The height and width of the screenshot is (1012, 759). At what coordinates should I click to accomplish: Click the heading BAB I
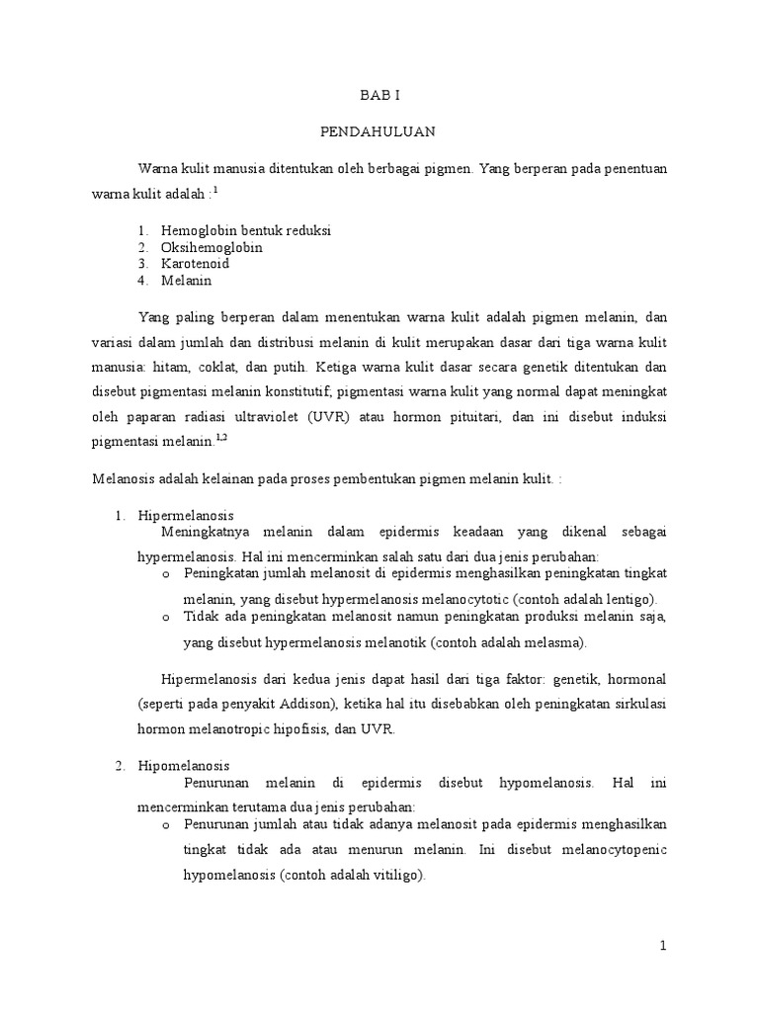coord(379,96)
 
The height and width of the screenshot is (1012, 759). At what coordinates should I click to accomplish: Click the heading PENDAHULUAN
coord(379,130)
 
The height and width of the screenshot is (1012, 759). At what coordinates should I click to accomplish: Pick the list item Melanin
coord(187,281)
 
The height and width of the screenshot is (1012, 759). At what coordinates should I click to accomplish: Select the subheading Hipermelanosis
coord(186,516)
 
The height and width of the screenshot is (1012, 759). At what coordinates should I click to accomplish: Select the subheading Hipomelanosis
coord(185,766)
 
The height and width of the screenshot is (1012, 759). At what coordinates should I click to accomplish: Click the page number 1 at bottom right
coord(664,946)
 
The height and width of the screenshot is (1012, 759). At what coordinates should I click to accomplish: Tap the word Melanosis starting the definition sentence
coord(125,478)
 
